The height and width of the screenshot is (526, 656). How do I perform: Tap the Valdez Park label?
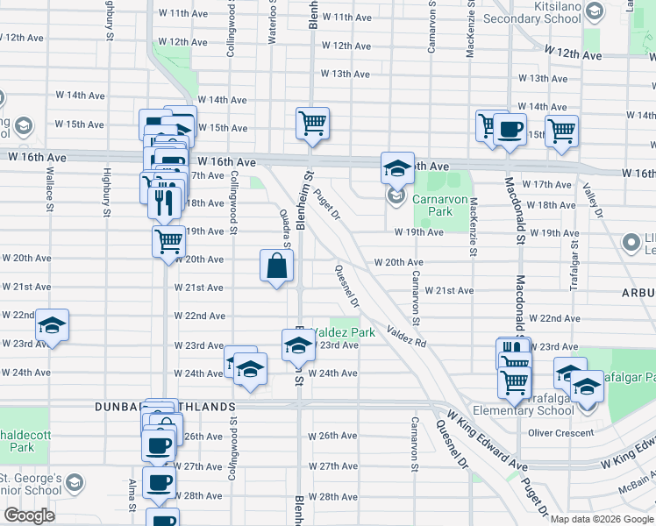pos(344,332)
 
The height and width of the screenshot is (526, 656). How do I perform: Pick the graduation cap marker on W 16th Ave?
pos(396,166)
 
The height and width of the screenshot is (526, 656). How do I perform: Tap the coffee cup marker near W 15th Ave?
pos(509,131)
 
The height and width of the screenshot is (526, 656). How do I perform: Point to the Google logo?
pos(29,515)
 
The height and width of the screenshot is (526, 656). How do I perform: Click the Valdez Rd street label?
pos(406,337)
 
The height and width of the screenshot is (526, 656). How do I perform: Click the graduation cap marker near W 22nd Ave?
pos(52,326)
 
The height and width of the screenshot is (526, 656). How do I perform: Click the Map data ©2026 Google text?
pos(603,519)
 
